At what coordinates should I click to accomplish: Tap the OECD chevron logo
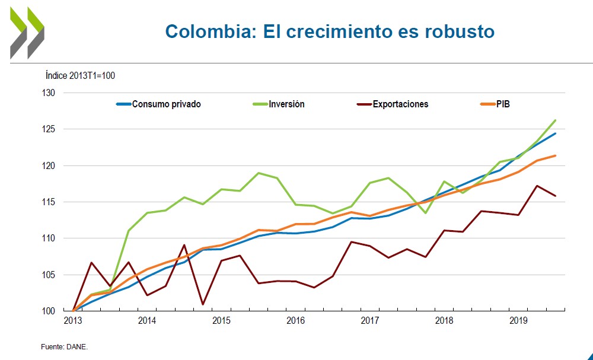tap(27, 33)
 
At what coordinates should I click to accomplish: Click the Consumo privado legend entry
tap(166, 104)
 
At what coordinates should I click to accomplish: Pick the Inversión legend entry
tap(286, 104)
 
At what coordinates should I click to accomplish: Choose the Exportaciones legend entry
tap(400, 104)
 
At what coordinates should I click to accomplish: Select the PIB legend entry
tap(503, 104)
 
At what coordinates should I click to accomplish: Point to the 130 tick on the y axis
tap(48, 93)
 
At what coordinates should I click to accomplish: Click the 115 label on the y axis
tap(48, 202)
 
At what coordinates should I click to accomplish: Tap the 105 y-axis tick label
tap(48, 275)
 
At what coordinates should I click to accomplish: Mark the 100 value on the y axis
tap(48, 311)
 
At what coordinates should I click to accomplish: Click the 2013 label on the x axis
tap(72, 321)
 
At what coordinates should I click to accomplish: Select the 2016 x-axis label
tap(295, 321)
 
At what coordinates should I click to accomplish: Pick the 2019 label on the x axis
tap(519, 321)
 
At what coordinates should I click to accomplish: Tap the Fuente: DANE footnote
tap(64, 347)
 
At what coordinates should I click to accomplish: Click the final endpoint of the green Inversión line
tap(555, 120)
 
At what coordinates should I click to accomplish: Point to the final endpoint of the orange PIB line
tap(555, 155)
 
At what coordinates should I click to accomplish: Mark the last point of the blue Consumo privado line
tap(555, 133)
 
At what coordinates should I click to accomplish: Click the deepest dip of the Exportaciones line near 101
tap(203, 304)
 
